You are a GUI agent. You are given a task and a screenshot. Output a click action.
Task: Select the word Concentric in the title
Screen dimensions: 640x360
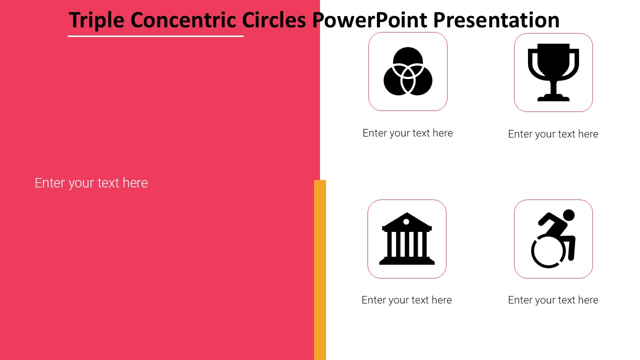[183, 20]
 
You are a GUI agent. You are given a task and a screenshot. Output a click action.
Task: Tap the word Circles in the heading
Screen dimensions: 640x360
[274, 20]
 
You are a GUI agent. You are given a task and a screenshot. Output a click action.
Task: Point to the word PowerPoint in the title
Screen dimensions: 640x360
[369, 20]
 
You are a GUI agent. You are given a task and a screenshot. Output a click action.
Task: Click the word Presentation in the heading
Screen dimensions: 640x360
[496, 20]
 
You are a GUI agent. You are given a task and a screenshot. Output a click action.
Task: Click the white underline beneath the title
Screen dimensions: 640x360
[155, 36]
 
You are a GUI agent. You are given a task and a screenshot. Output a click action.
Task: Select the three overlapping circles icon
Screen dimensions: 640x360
[407, 71]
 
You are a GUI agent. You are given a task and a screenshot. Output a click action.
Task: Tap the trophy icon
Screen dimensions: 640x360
[553, 72]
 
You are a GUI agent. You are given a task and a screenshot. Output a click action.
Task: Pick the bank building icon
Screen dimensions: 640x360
[407, 238]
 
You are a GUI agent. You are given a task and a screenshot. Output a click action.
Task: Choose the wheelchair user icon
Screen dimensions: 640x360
[553, 238]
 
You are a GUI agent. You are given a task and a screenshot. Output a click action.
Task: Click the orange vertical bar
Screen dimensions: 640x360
[320, 270]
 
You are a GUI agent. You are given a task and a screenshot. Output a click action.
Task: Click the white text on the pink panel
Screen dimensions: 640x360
[91, 183]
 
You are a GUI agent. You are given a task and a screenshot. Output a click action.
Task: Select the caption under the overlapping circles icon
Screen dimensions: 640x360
[407, 133]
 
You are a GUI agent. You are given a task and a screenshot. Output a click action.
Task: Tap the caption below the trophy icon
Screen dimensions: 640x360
[553, 134]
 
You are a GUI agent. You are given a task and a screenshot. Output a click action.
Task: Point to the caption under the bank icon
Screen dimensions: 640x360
[406, 300]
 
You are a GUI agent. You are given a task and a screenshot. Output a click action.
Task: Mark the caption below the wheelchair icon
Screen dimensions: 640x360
[553, 300]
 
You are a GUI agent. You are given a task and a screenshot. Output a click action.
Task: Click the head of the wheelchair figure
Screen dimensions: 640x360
[568, 215]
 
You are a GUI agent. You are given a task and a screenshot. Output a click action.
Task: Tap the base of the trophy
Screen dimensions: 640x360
[553, 98]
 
